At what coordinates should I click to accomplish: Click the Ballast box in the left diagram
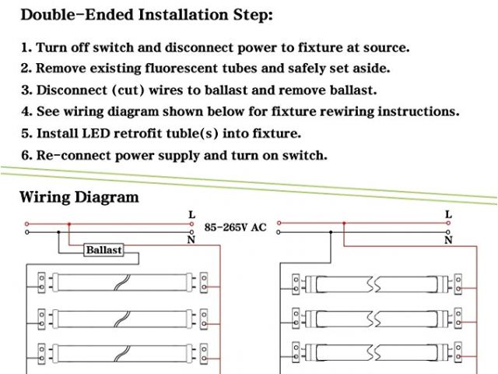pos(103,251)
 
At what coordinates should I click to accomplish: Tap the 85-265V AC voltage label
pos(235,228)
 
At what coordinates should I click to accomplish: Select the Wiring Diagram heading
pos(79,196)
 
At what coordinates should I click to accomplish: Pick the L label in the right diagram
pos(448,214)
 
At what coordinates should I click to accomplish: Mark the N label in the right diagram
pos(448,240)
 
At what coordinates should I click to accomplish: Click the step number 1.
pos(26,48)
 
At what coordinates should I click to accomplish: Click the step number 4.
pos(26,111)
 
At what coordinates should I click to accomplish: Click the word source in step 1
pos(383,48)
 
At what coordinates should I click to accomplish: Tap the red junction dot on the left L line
pos(69,224)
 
